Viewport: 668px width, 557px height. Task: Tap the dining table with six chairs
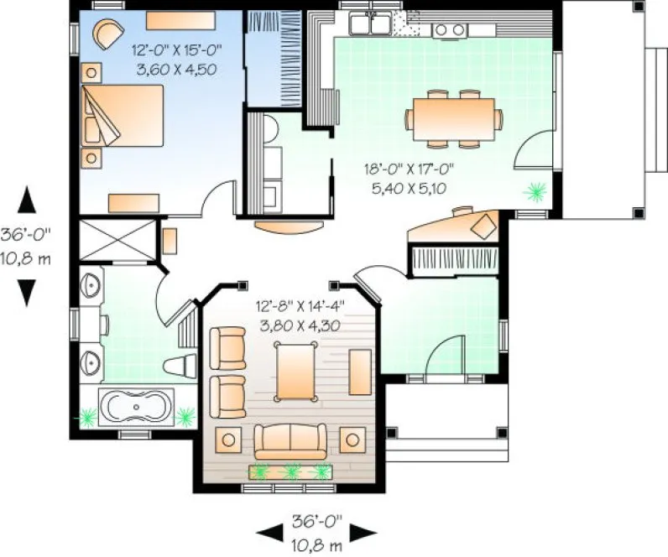click(451, 118)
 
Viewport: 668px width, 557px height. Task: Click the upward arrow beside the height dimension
click(29, 200)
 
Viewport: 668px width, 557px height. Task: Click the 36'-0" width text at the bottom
click(315, 520)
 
